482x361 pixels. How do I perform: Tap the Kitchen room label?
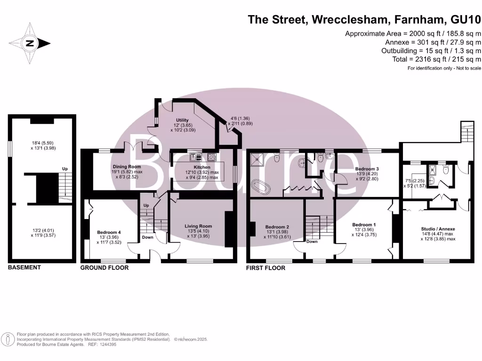(201, 167)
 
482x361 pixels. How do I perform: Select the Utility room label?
(182, 120)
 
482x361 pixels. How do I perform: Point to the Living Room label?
(198, 226)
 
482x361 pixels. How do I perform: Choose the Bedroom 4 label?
(109, 232)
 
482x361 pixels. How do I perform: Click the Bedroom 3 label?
(367, 168)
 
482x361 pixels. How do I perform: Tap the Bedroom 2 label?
(277, 226)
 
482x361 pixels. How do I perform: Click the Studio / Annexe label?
(438, 229)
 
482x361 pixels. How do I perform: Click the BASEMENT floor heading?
(24, 267)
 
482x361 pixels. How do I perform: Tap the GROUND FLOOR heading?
(104, 268)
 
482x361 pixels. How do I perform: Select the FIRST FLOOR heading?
(266, 268)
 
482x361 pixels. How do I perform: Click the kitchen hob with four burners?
(211, 157)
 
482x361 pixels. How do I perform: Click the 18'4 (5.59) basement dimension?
(42, 143)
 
